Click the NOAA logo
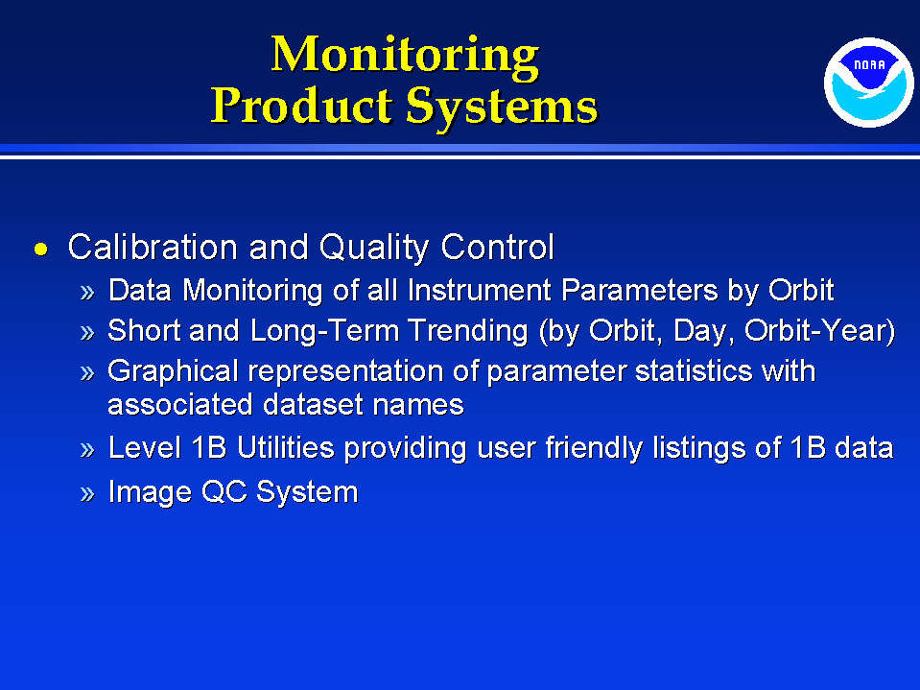pos(868,83)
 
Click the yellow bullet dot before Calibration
pos(41,249)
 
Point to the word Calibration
pos(153,247)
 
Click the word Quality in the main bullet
pos(374,248)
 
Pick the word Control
pos(498,247)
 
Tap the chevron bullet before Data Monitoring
pos(87,292)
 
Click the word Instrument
pos(480,290)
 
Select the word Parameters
pos(640,290)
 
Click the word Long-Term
pos(324,330)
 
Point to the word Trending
pos(468,331)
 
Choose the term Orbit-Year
pos(819,331)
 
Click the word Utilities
pos(286,447)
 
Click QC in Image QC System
pos(224,491)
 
